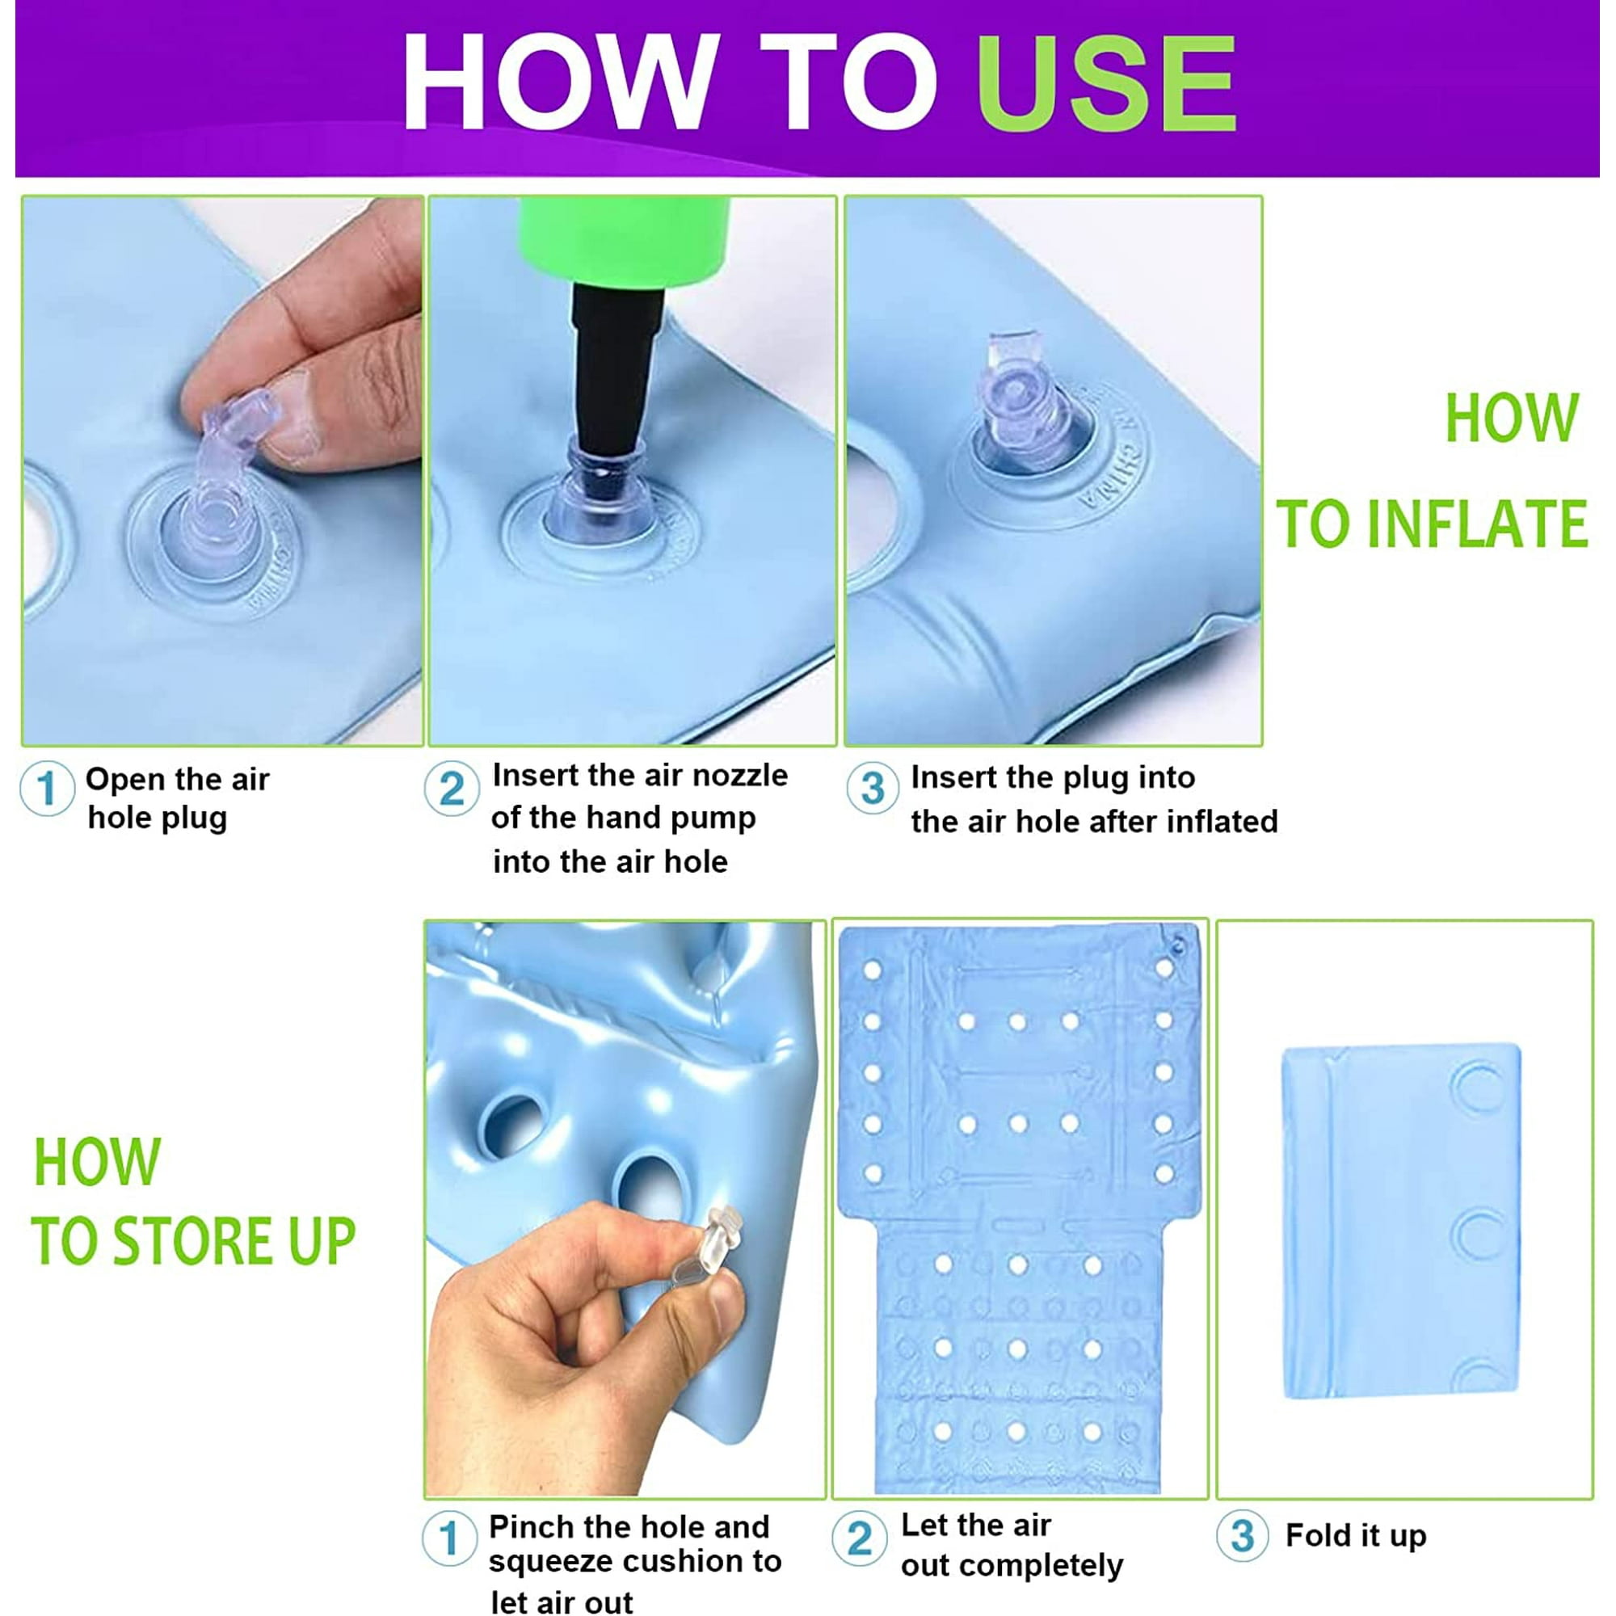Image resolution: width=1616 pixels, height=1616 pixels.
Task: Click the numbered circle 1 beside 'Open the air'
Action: point(47,787)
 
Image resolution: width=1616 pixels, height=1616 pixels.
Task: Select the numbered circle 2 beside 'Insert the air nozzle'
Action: point(452,787)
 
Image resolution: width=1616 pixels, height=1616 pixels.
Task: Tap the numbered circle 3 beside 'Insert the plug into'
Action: point(873,787)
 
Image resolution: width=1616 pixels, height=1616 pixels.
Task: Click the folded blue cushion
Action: point(1401,1220)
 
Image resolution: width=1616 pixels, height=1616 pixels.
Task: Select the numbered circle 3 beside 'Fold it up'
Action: point(1243,1536)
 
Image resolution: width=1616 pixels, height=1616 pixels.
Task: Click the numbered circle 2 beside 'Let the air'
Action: point(860,1538)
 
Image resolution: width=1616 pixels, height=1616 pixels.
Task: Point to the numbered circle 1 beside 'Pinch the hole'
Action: point(449,1538)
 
